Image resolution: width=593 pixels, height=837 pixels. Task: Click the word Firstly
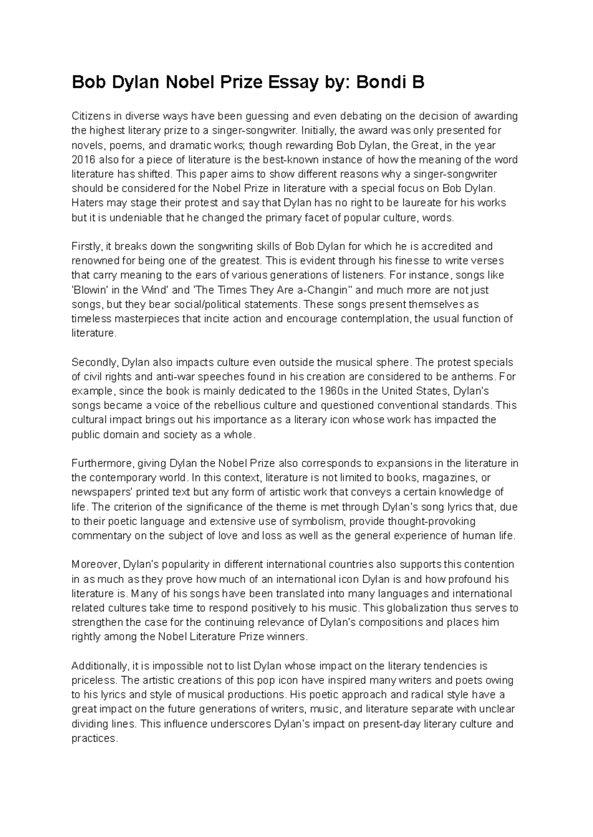86,246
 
